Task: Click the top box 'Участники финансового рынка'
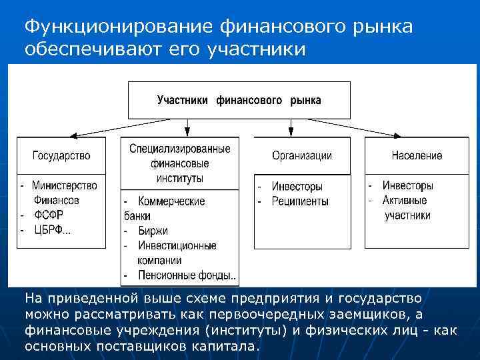point(239,100)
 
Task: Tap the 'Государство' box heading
point(61,155)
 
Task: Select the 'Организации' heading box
point(301,155)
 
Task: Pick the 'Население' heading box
point(417,155)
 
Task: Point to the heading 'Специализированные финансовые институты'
point(180,163)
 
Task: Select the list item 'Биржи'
point(153,231)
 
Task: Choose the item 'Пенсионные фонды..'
point(187,275)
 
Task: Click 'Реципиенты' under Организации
point(300,201)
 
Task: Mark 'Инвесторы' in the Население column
point(408,185)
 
